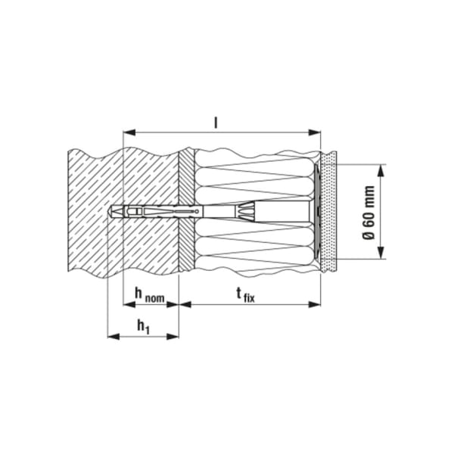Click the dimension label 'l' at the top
click(217, 120)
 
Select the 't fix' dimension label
click(245, 294)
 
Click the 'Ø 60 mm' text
click(369, 212)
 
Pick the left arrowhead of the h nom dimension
click(126, 304)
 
